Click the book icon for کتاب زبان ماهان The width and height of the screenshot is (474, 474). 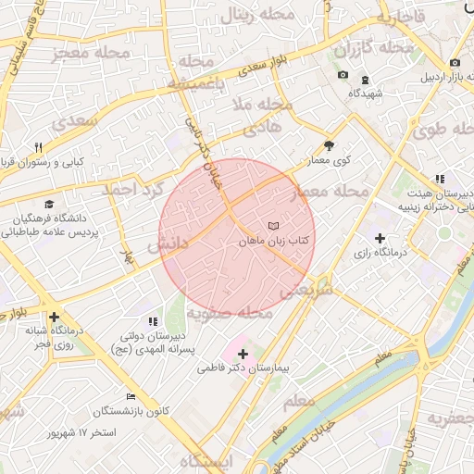(x=272, y=226)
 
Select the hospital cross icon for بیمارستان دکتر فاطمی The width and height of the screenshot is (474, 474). (x=243, y=354)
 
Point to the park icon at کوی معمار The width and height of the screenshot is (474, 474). (x=329, y=145)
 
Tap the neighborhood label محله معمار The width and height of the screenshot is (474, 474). (x=330, y=191)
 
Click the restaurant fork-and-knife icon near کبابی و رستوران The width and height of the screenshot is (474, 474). (x=38, y=147)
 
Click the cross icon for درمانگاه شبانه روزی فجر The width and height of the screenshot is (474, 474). (x=55, y=317)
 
